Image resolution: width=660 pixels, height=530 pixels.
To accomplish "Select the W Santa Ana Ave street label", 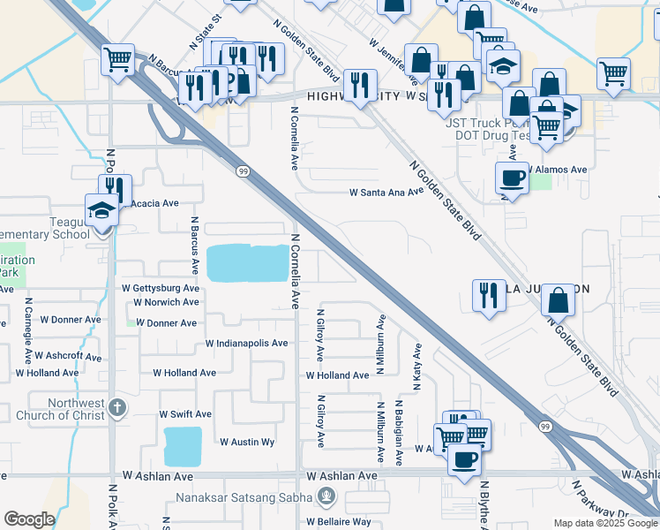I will [386, 192].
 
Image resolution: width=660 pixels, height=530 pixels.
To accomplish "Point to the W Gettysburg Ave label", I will [161, 289].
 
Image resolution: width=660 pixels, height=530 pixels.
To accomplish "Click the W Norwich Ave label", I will [166, 302].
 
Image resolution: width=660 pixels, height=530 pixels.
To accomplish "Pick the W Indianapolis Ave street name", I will [246, 344].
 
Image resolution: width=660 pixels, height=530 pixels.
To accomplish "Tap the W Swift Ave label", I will [185, 414].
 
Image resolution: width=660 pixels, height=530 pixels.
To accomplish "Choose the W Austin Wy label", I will [247, 442].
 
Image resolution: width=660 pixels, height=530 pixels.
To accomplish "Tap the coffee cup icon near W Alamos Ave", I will [512, 178].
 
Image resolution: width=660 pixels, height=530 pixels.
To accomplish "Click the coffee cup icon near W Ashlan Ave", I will [465, 458].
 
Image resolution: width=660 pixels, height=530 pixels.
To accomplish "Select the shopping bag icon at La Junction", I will [559, 300].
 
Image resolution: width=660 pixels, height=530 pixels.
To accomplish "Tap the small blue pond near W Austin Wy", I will [183, 446].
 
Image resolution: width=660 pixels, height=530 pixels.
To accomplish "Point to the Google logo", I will [29, 519].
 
